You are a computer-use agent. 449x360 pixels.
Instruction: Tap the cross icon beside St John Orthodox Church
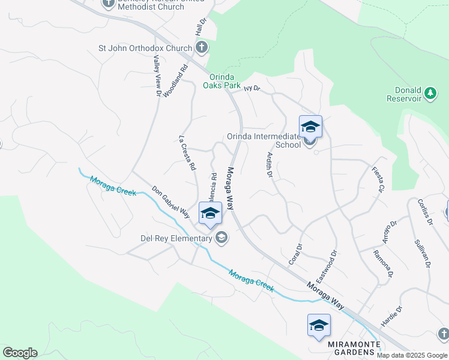tap(202, 47)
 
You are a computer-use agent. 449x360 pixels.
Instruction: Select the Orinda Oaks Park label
tap(224, 81)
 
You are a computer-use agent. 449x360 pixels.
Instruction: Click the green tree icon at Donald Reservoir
tap(430, 93)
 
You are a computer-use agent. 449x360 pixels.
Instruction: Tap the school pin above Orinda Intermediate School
tap(310, 127)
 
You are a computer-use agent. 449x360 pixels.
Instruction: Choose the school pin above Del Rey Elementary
tap(210, 214)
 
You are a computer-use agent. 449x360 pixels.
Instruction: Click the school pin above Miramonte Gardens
tap(319, 326)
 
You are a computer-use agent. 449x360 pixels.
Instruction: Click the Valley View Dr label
tap(157, 76)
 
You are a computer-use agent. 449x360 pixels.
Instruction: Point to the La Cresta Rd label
tap(188, 154)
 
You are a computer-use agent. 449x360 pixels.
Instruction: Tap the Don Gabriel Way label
tap(170, 202)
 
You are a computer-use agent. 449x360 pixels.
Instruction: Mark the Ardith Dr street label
tap(270, 164)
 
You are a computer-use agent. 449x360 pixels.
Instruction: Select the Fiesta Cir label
tap(378, 179)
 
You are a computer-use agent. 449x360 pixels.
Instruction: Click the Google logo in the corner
tap(20, 352)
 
